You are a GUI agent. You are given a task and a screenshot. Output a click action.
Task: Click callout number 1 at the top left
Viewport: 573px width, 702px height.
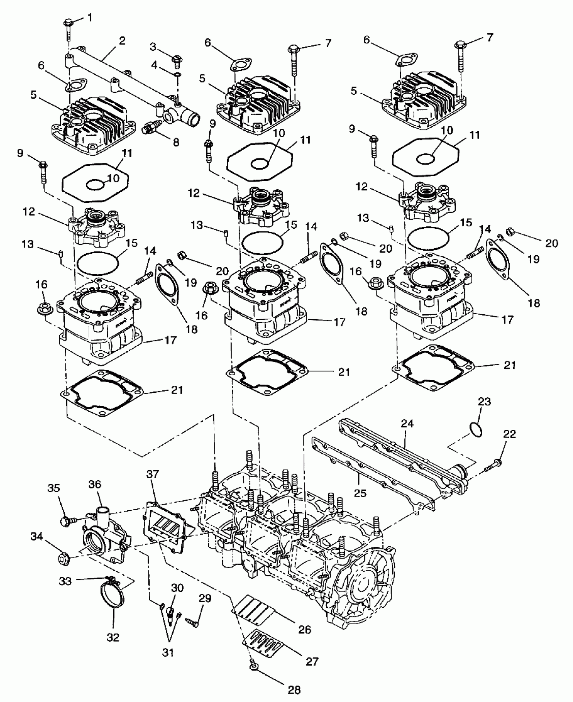coord(90,18)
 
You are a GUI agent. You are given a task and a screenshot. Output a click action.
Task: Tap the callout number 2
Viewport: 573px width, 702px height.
coord(122,41)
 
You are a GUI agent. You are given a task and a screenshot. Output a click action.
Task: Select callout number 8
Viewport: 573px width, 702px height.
coord(176,143)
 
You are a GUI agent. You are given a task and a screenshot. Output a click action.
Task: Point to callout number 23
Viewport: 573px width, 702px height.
coord(484,402)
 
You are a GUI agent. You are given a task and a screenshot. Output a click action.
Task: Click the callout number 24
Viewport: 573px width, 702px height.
coord(407,423)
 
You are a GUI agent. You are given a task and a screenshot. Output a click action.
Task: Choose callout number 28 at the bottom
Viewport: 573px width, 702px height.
coord(294,690)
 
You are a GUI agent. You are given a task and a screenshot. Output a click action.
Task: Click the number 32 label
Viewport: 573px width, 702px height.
coord(113,637)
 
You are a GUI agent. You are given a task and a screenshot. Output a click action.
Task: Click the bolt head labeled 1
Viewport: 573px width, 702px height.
coord(67,24)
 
